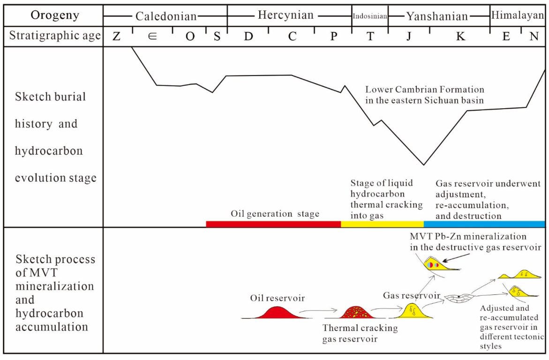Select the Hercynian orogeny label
[286, 15]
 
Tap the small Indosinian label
[370, 16]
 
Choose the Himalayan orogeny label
[517, 15]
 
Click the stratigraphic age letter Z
[116, 37]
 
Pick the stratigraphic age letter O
[190, 37]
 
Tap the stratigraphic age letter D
[248, 37]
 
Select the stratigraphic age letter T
[370, 37]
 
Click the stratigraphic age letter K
[460, 37]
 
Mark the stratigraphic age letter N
[534, 37]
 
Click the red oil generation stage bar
[273, 224]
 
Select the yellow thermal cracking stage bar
[382, 224]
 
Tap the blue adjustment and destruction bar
[484, 224]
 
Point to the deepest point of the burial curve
[424, 165]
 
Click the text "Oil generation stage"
[275, 214]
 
